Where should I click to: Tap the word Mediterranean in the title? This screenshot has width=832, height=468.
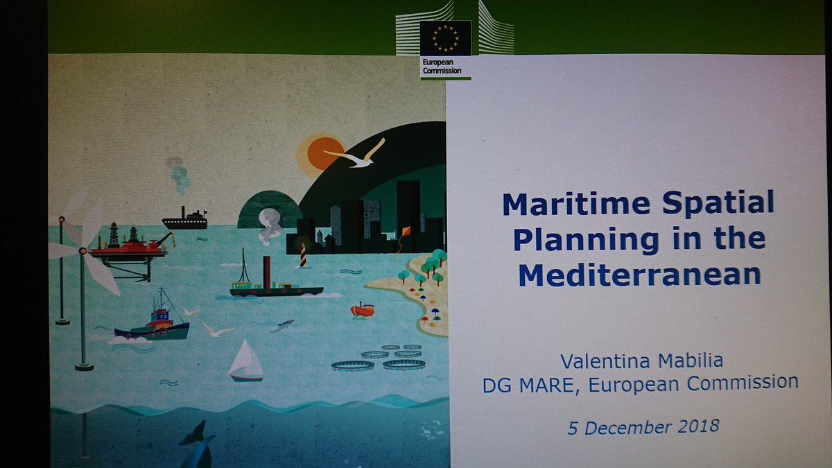[639, 275]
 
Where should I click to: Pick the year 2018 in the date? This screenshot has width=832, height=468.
[693, 426]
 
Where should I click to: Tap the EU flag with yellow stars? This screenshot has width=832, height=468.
[445, 38]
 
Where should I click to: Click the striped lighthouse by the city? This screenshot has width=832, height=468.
[303, 254]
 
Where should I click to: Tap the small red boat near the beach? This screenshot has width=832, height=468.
[363, 310]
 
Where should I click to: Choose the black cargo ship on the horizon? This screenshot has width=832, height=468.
[185, 221]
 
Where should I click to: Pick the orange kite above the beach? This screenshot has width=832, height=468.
[406, 232]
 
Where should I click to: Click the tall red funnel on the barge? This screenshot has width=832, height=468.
[266, 272]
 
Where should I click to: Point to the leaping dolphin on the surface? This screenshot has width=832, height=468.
[283, 324]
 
